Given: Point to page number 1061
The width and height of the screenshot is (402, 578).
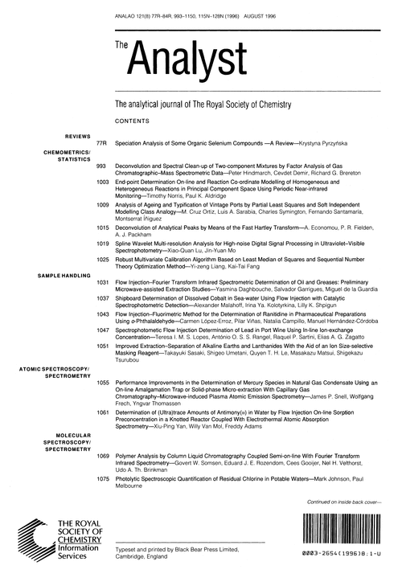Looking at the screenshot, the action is pyautogui.click(x=101, y=412).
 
